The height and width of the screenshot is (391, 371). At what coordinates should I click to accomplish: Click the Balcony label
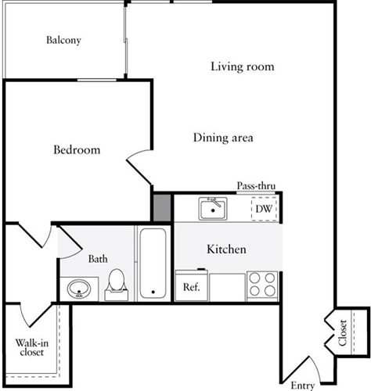63,41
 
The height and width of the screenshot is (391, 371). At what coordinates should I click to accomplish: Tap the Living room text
243,66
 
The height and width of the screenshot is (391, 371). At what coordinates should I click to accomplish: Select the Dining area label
223,138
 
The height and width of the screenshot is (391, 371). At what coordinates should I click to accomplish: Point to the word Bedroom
77,150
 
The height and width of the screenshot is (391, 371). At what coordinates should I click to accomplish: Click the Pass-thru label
256,186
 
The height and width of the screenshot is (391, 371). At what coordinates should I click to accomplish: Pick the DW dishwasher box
264,209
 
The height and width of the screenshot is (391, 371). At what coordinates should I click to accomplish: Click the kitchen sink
213,209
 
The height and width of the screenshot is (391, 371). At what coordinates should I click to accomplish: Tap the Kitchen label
226,249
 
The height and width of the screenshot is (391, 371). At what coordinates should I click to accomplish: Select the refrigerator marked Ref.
192,285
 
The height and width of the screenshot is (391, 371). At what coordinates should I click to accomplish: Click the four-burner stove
262,286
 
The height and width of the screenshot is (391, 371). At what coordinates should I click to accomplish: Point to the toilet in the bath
117,285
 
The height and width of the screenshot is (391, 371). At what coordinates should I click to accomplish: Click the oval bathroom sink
79,289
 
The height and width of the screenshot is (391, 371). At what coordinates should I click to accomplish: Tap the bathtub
153,264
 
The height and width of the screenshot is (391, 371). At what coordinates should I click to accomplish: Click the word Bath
98,259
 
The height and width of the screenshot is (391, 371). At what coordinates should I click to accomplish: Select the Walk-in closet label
32,347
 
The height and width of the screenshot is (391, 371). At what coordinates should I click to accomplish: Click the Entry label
303,386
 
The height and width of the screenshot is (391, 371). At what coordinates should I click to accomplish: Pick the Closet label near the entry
343,333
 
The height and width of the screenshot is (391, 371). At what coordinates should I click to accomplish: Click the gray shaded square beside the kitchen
162,208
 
